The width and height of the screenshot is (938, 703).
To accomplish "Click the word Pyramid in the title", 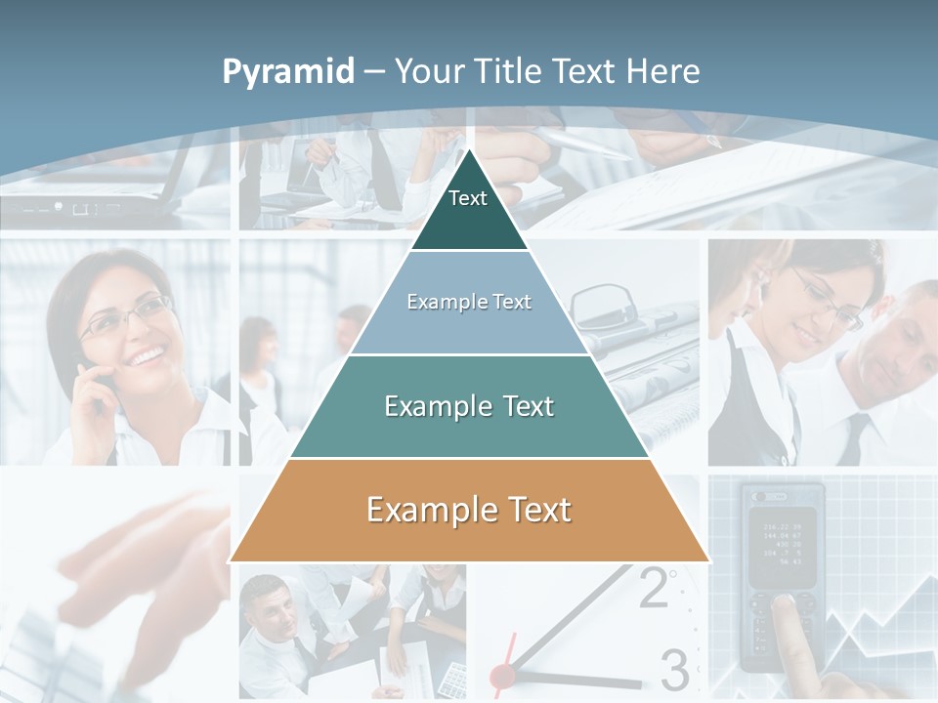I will coord(288,71).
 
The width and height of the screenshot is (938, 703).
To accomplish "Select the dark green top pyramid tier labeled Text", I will coord(468,210).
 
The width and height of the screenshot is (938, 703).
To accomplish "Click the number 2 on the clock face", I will coord(654,588).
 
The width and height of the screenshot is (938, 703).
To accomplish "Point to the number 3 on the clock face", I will coord(674,669).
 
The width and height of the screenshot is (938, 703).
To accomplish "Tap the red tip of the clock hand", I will coord(502,674).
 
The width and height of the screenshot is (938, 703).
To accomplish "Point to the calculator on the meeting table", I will coord(452,675).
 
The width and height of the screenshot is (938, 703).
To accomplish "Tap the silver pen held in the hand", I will coord(586,145).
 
